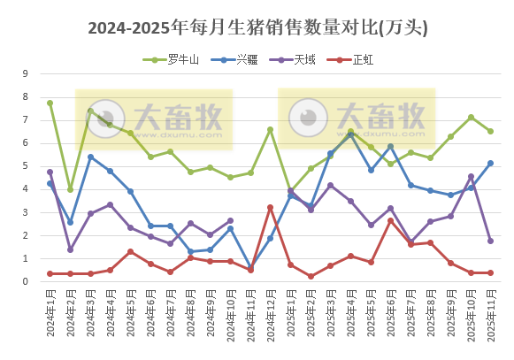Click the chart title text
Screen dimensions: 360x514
click(257, 28)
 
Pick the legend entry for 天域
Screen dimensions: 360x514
click(296, 60)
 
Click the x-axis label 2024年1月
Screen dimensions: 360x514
click(50, 315)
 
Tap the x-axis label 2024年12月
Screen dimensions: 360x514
click(271, 315)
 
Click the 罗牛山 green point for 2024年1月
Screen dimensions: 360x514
click(50, 103)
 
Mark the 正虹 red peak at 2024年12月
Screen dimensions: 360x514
click(271, 208)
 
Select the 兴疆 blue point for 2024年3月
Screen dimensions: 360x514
click(90, 157)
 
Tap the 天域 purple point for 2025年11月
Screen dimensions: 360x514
click(490, 241)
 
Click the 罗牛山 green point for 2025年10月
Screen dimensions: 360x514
click(471, 117)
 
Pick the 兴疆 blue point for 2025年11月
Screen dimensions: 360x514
click(490, 163)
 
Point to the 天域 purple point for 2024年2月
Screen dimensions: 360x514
click(70, 249)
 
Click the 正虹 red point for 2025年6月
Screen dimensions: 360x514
click(390, 220)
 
